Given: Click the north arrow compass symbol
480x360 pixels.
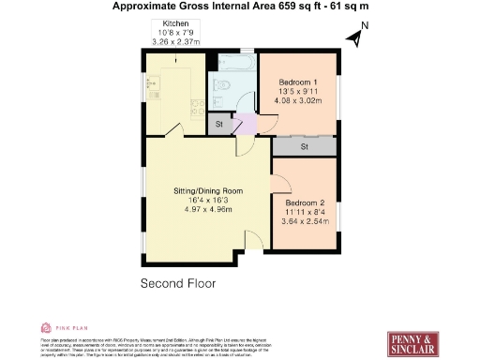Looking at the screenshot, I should click(x=354, y=36).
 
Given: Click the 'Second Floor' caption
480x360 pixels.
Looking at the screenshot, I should click(x=178, y=283).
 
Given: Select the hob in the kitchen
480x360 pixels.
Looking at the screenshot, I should click(x=194, y=107).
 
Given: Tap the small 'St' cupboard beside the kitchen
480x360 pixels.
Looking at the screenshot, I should click(x=218, y=124).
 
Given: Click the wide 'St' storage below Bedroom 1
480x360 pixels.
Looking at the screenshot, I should click(x=306, y=146).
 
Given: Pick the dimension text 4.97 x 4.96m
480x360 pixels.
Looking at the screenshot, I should click(x=208, y=209).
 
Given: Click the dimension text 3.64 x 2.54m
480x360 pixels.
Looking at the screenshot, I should click(x=305, y=222).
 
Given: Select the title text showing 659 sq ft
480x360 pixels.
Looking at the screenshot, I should click(x=239, y=6).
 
